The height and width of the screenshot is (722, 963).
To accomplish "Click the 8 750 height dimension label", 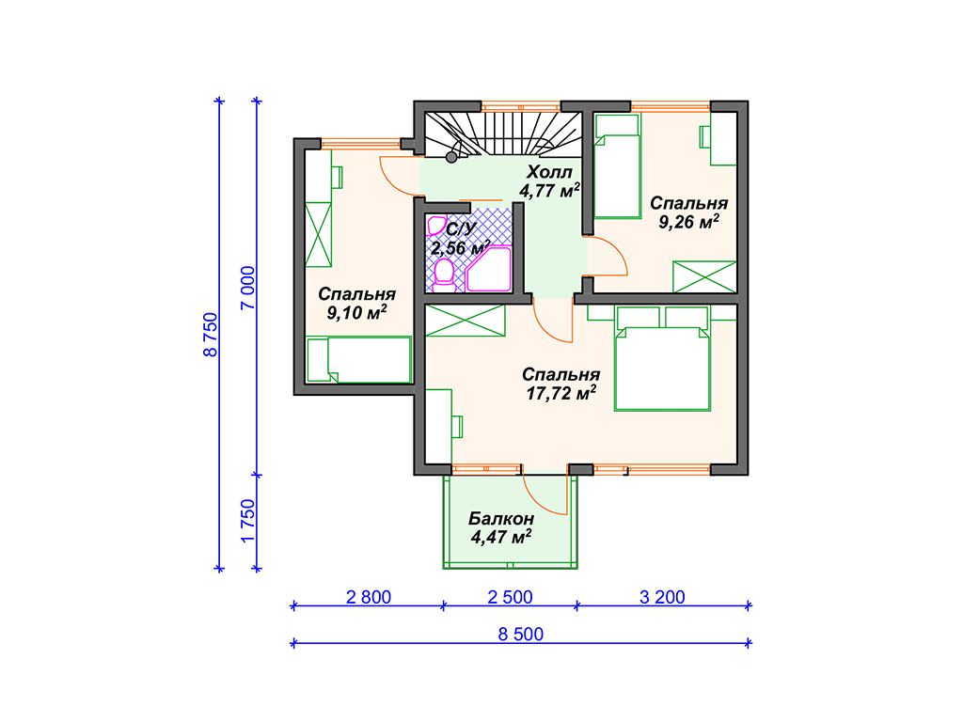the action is click(210, 335).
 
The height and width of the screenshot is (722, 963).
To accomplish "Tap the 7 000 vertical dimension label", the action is click(247, 288).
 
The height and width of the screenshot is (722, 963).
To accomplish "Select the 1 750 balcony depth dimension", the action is click(247, 521).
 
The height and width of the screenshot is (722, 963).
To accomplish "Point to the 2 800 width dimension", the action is click(369, 597).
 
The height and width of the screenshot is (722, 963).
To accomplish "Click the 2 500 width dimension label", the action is click(510, 597).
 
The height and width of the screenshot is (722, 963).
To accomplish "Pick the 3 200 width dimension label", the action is click(662, 597).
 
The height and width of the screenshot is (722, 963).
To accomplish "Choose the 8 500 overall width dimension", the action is click(521, 635).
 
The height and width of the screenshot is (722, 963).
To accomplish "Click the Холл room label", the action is click(549, 172).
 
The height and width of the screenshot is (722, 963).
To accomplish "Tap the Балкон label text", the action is click(501, 519).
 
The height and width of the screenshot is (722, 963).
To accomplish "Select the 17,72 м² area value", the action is click(560, 393).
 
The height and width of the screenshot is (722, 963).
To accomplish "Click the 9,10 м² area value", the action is click(356, 312).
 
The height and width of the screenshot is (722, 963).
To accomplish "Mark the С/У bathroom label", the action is click(461, 229).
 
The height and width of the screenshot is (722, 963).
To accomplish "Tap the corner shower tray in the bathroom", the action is click(489, 269).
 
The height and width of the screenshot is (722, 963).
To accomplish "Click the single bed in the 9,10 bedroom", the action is click(358, 360).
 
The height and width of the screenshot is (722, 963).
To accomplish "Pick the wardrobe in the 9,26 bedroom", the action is click(704, 277).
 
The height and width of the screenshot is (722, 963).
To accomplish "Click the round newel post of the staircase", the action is click(451, 158).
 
